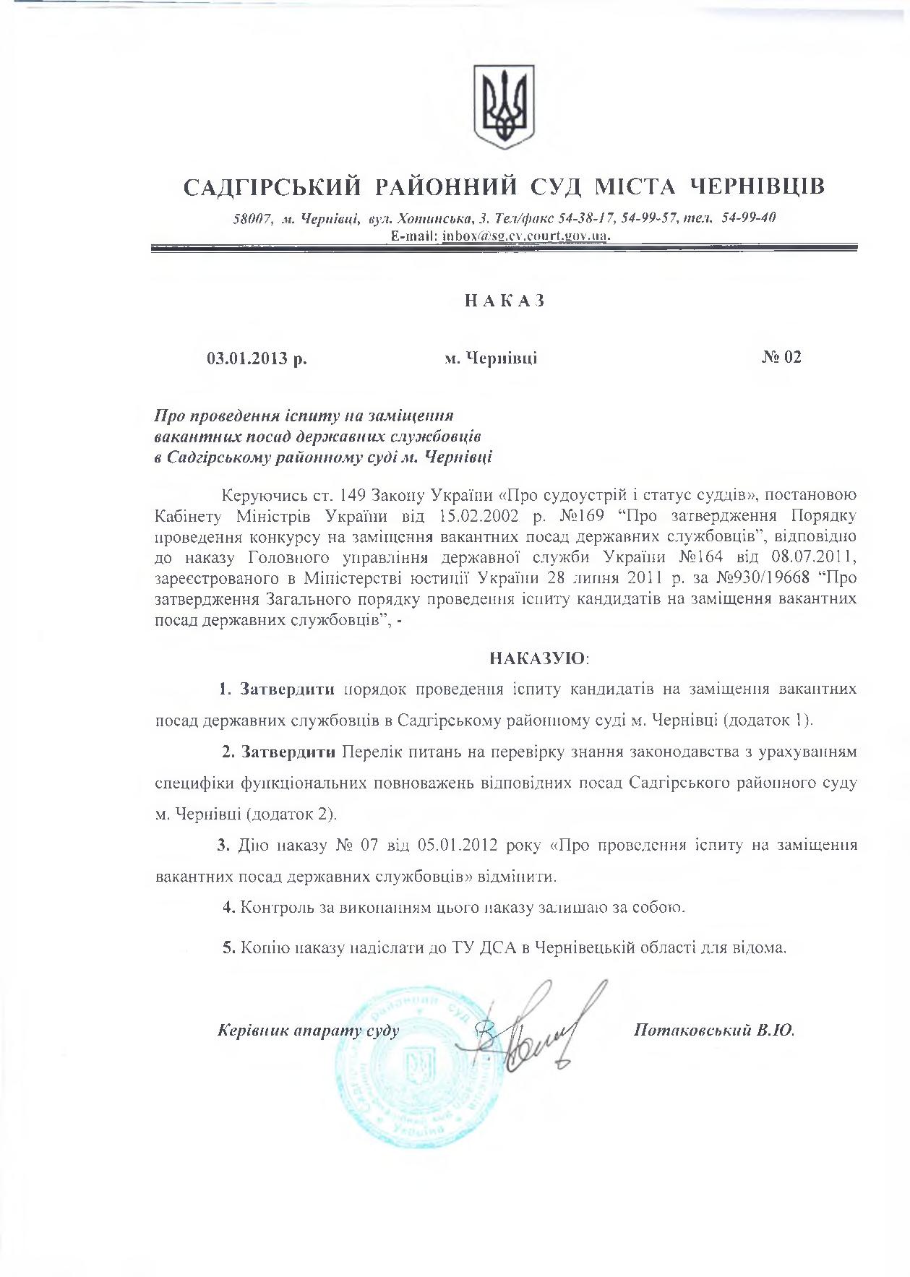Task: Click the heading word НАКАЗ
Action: [x=504, y=301]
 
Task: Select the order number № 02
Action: [x=781, y=357]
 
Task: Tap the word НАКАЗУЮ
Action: [x=538, y=658]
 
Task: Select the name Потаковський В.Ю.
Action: [x=713, y=1031]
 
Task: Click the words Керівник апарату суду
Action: [x=308, y=1031]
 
